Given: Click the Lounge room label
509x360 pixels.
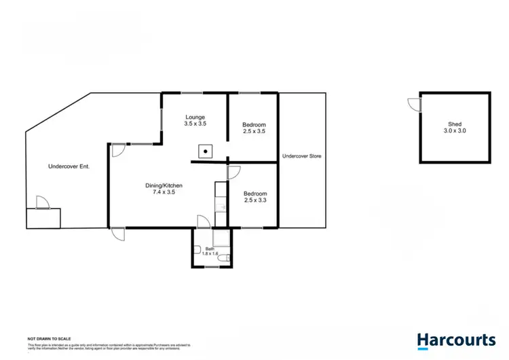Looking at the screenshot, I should pyautogui.click(x=195, y=117).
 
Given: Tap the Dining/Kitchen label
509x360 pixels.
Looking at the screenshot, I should pyautogui.click(x=164, y=185).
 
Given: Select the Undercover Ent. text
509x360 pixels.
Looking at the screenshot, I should pyautogui.click(x=69, y=166).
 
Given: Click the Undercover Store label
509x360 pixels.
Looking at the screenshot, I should pyautogui.click(x=301, y=156).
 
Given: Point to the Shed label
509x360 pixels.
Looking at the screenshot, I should pyautogui.click(x=454, y=124).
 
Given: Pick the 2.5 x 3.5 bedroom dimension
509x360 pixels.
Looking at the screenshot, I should pyautogui.click(x=254, y=132).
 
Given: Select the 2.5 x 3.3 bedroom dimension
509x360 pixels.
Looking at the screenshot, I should pyautogui.click(x=254, y=200).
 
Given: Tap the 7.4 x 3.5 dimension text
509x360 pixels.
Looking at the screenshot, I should pyautogui.click(x=164, y=192).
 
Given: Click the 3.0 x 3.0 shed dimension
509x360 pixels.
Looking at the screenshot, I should pyautogui.click(x=454, y=131).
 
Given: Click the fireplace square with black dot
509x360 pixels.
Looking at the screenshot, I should pyautogui.click(x=204, y=151).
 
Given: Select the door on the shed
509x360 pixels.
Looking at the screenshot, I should pyautogui.click(x=414, y=103).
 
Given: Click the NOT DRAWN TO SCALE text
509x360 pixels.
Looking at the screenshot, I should pyautogui.click(x=49, y=338).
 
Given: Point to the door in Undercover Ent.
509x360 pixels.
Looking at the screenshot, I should pyautogui.click(x=42, y=202).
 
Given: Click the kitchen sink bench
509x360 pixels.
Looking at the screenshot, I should pyautogui.click(x=219, y=203).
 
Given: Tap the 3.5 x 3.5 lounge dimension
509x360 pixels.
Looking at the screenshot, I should pyautogui.click(x=195, y=124).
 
